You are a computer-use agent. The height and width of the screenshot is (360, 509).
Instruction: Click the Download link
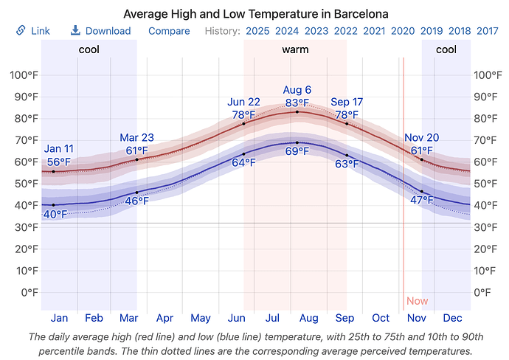(100, 31)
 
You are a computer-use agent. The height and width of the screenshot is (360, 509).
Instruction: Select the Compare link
(169, 31)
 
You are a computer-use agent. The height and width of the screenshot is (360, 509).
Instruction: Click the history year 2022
(345, 31)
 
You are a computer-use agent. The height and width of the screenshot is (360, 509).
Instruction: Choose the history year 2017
(487, 31)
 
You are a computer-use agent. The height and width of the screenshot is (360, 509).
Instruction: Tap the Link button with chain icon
(33, 31)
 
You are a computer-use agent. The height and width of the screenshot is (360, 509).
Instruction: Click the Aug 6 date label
(297, 90)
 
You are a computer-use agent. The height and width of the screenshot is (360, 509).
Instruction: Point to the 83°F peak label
(297, 103)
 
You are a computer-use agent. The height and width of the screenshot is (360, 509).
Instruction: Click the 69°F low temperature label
(297, 151)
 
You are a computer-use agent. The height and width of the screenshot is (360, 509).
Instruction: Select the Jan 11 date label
(58, 149)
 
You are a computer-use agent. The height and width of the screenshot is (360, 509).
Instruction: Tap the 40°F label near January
(55, 214)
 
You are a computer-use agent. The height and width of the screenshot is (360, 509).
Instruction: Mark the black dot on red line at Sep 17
(347, 124)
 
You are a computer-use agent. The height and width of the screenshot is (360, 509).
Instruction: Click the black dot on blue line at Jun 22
(243, 154)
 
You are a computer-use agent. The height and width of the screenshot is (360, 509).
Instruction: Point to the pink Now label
(417, 301)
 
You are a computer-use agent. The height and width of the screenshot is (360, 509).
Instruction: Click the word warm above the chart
(295, 50)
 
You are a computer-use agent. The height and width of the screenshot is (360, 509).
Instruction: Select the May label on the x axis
(201, 318)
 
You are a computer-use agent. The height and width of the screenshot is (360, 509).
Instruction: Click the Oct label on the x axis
(381, 318)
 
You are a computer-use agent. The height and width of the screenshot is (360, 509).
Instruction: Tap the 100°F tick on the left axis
(24, 75)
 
